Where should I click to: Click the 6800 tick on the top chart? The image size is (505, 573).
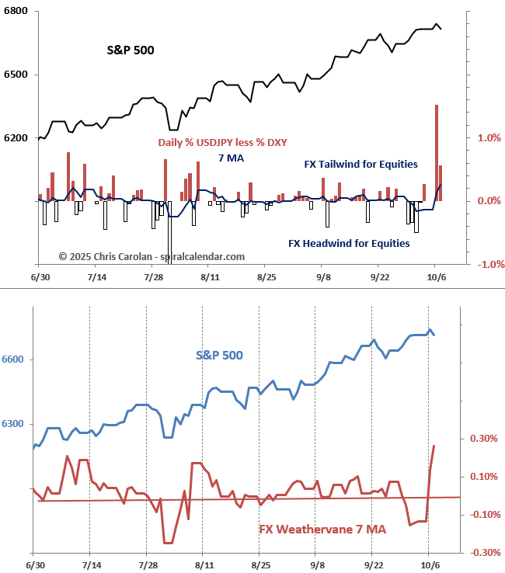[16, 11]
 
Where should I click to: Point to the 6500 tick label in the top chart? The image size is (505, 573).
[16, 75]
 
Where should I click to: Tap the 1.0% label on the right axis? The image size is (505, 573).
[487, 137]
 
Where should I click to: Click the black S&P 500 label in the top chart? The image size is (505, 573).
[131, 50]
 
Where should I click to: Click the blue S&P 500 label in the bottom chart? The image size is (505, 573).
[219, 356]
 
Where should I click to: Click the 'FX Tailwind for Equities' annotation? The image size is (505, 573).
[360, 164]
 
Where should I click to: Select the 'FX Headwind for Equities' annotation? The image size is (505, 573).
[349, 243]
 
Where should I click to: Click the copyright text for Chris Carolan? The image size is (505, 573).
[151, 256]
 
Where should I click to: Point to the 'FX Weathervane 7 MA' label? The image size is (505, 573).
[322, 530]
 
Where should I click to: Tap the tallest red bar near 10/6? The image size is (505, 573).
[437, 152]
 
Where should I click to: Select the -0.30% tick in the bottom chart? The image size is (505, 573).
[484, 553]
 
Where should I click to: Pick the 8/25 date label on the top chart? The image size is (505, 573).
[266, 276]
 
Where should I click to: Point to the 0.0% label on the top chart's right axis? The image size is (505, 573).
[487, 201]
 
